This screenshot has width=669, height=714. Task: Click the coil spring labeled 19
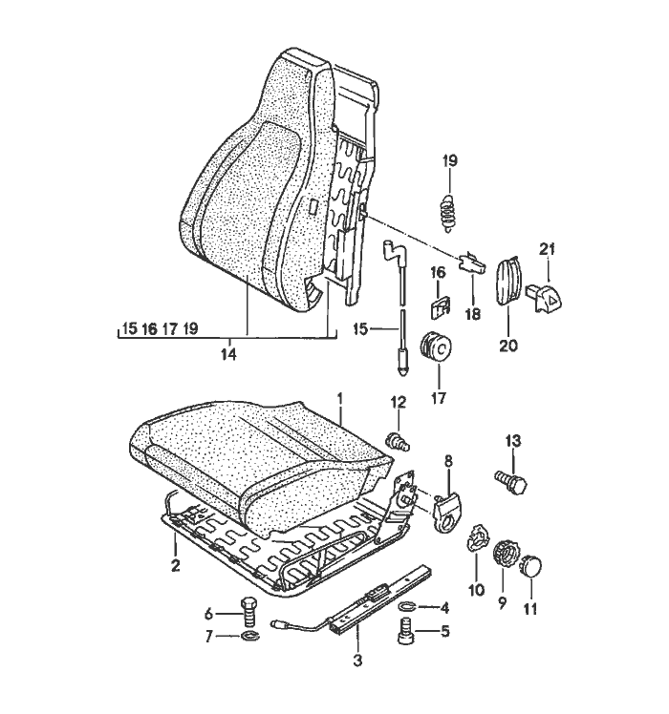[x=448, y=213]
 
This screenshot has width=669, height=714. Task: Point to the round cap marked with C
[x=436, y=347]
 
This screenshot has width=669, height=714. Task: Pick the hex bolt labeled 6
[x=248, y=612]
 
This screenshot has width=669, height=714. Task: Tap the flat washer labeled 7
[x=249, y=636]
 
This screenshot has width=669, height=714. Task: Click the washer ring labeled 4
[x=407, y=605]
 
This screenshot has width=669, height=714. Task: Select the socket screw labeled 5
[x=405, y=630]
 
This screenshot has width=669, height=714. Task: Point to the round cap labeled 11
[x=531, y=565]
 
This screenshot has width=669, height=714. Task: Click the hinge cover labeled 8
[x=447, y=514]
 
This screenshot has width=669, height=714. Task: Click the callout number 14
[x=229, y=354]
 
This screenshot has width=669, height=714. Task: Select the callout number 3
[x=357, y=660]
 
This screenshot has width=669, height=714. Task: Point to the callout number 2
[x=175, y=565]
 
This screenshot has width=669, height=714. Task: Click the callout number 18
[x=473, y=314]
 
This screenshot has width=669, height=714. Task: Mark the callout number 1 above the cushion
[x=339, y=399]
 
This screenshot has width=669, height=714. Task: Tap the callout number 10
[x=476, y=590]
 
